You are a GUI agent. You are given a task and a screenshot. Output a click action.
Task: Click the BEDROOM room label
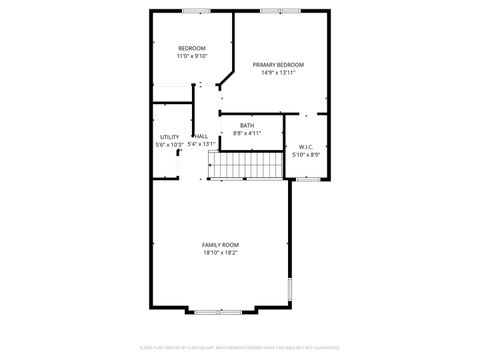[192, 49]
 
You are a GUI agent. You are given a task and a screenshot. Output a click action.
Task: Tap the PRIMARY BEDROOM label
[278, 64]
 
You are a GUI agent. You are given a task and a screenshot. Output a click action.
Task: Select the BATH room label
[247, 125]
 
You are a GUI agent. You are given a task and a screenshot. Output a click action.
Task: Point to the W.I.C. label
[307, 146]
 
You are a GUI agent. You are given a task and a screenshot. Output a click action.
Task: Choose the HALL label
[201, 136]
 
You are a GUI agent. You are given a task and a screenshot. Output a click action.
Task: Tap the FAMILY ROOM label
[220, 244]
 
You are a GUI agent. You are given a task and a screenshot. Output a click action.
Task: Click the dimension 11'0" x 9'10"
[192, 57]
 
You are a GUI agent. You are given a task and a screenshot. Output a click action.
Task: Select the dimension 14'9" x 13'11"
[278, 72]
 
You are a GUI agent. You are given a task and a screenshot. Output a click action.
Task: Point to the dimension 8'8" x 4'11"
[247, 133]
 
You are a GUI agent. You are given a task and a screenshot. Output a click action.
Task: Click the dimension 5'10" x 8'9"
[307, 154]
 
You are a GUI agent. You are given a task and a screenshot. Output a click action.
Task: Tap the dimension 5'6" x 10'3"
[170, 145]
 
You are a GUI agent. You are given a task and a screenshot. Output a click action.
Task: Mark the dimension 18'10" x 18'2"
[220, 252]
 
